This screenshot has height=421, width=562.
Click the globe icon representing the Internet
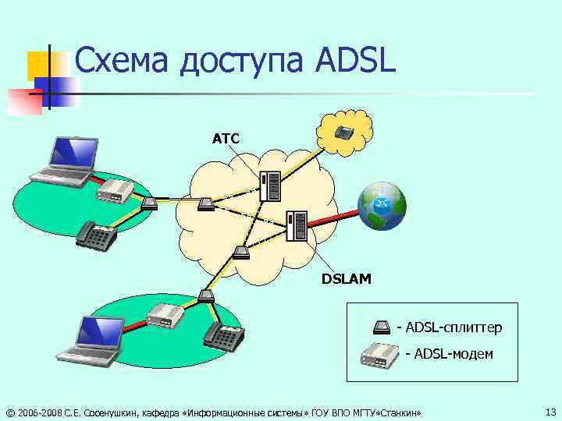click(x=382, y=207)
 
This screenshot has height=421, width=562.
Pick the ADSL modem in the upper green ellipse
click(x=116, y=190)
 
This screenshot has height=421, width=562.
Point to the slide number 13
click(x=550, y=411)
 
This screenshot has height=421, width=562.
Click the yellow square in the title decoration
click(x=39, y=66)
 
